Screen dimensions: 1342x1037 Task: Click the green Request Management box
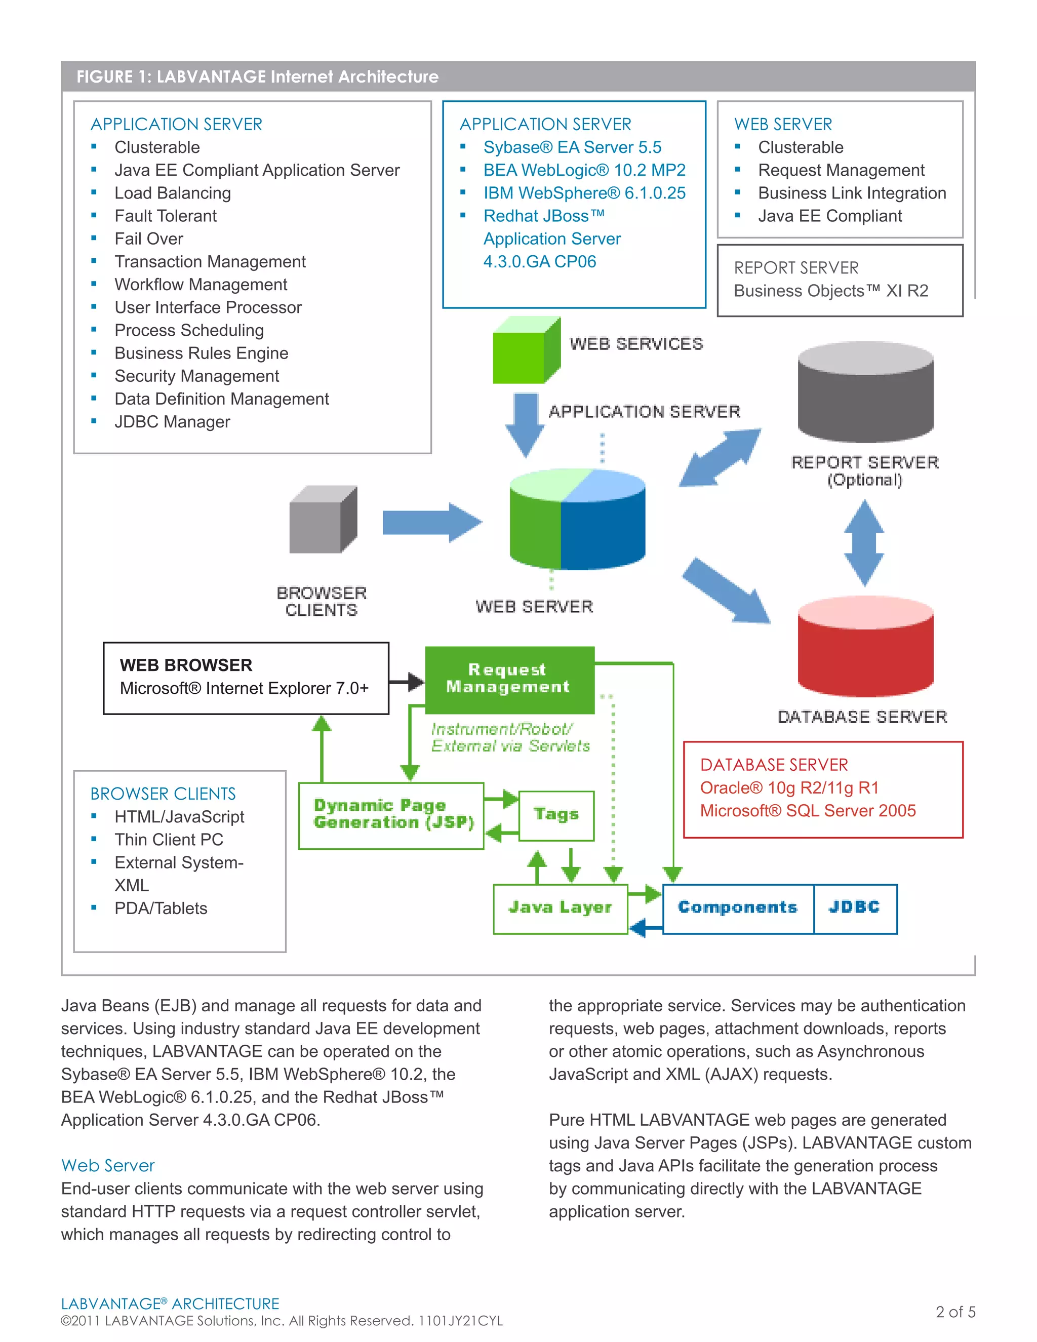(509, 679)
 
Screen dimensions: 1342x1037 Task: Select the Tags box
(556, 815)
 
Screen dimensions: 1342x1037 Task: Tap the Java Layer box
(560, 908)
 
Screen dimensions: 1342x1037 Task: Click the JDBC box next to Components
(855, 908)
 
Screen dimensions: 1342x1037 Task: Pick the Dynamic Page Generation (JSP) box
(391, 815)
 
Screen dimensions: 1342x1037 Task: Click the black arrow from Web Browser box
(407, 681)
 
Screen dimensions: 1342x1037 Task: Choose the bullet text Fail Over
(149, 239)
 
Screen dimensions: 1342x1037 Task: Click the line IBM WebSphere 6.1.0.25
(584, 193)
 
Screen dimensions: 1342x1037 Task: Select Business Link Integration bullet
(852, 193)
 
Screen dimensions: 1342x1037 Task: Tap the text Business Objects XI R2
(830, 291)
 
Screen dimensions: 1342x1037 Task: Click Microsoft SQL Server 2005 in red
(807, 811)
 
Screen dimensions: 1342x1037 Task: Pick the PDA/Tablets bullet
(161, 908)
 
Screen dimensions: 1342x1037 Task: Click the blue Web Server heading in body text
(108, 1166)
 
